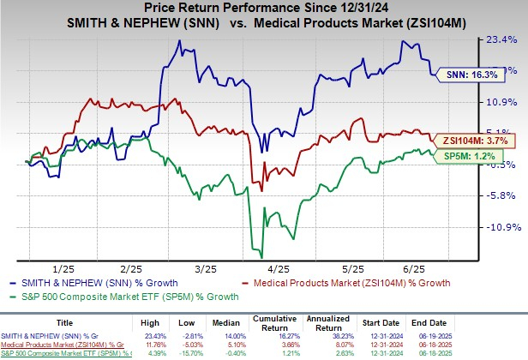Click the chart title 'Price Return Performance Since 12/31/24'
pyautogui.click(x=264, y=9)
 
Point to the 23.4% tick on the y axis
pyautogui.click(x=503, y=39)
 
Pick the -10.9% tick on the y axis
pyautogui.click(x=501, y=227)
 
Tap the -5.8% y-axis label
pyautogui.click(x=503, y=195)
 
